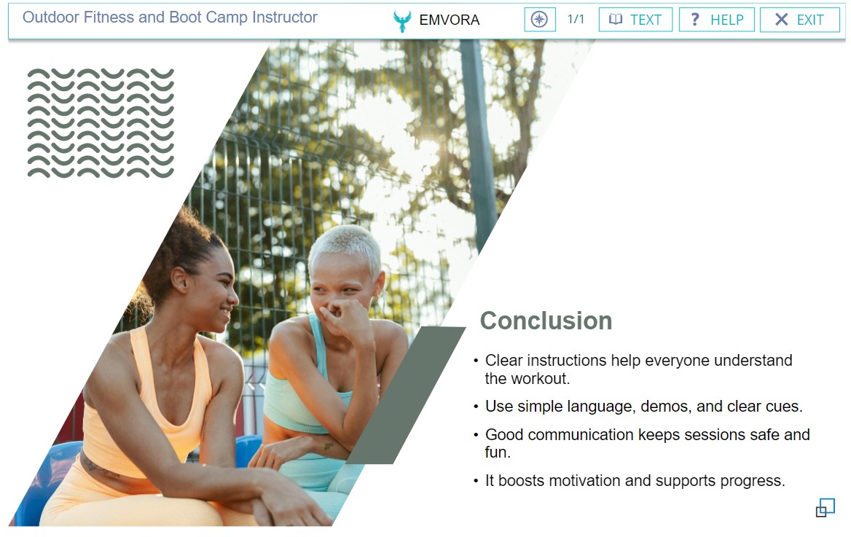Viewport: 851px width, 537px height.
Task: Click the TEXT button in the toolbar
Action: click(635, 20)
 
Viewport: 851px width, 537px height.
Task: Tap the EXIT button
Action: click(799, 20)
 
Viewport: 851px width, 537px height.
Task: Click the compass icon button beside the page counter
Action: click(539, 20)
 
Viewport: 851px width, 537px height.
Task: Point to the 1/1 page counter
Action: click(576, 20)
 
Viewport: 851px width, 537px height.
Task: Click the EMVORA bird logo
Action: click(402, 20)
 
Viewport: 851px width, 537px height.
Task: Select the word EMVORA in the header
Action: click(450, 20)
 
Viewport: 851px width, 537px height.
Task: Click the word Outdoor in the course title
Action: click(51, 17)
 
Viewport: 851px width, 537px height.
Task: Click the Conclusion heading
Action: click(546, 321)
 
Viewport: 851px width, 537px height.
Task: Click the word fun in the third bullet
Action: click(497, 452)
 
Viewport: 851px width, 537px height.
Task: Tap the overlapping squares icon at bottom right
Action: click(825, 509)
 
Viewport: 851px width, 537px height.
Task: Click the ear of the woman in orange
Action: click(179, 279)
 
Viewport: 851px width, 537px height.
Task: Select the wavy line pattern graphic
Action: click(101, 123)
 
